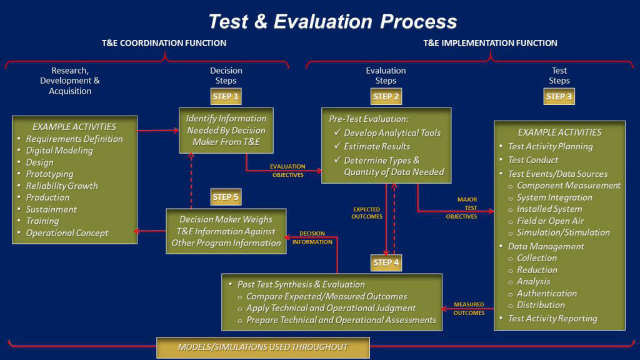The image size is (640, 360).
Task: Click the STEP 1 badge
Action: (x=226, y=97)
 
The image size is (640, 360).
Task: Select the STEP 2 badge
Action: (x=386, y=97)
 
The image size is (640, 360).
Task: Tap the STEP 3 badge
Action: (x=559, y=97)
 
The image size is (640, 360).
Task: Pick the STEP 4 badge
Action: (x=386, y=262)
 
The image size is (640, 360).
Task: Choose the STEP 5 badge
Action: (x=226, y=197)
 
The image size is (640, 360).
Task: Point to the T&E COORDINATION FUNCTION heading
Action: (x=164, y=43)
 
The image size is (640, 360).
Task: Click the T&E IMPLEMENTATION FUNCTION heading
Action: (x=490, y=43)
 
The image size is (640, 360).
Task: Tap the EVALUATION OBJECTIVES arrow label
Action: (x=287, y=171)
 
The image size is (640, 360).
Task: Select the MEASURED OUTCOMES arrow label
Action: (x=469, y=309)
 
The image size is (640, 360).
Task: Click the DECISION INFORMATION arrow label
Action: (x=312, y=237)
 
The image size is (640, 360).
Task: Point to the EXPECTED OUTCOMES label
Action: (x=367, y=212)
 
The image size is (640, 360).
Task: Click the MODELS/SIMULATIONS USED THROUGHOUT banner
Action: (x=263, y=347)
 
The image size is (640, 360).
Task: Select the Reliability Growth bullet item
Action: (x=62, y=186)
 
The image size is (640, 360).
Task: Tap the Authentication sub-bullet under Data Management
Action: (x=546, y=293)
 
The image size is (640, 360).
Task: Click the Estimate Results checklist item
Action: (x=377, y=146)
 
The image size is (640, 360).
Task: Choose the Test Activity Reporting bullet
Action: (x=552, y=318)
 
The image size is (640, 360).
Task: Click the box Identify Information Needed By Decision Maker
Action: (x=226, y=130)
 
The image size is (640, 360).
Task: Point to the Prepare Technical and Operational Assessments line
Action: (x=341, y=320)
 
